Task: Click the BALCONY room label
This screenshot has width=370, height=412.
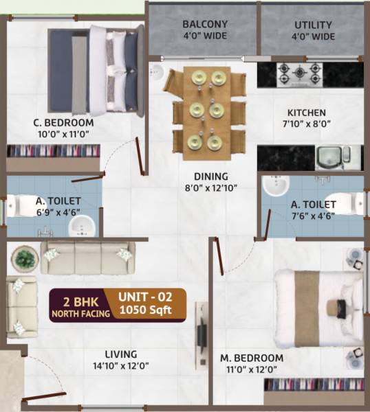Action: coord(205,24)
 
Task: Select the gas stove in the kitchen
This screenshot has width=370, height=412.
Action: coord(300,73)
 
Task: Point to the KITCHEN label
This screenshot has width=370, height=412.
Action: coord(307,113)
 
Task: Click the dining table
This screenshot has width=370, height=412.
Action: coord(204,110)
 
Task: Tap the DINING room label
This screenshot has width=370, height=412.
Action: coord(210,176)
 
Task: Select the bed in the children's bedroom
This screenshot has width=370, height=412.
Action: coord(96,70)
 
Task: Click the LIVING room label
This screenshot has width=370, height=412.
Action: coord(121,354)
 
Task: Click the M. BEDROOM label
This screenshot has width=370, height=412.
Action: coord(252,358)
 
